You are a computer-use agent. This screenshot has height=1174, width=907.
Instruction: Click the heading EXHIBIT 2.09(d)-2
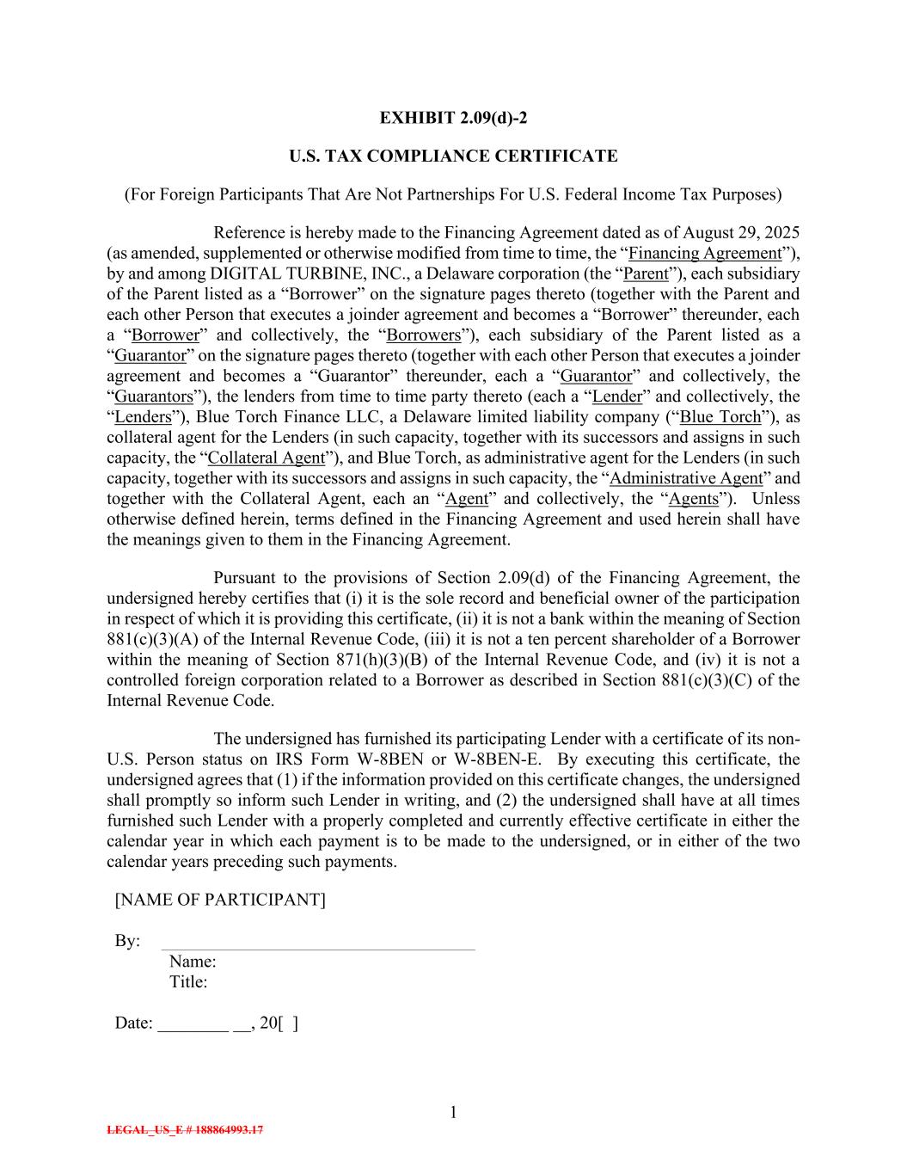click(453, 118)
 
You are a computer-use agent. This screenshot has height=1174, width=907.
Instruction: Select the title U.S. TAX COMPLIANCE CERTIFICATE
click(453, 157)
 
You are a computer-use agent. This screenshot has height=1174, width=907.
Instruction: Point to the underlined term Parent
click(645, 274)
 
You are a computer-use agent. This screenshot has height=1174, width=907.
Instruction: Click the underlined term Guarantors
click(154, 396)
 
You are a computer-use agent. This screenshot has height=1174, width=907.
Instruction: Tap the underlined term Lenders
click(143, 417)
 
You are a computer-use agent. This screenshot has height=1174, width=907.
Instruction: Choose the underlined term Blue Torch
click(720, 417)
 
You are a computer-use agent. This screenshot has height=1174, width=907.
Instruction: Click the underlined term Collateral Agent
click(267, 458)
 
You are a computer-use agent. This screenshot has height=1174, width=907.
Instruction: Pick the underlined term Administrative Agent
click(685, 478)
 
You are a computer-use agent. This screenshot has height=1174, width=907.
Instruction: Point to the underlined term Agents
click(693, 499)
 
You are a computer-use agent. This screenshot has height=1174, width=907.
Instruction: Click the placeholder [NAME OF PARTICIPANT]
click(220, 900)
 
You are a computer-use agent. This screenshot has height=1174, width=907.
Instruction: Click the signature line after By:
click(318, 946)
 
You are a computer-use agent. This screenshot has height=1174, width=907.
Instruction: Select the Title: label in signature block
click(188, 981)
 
